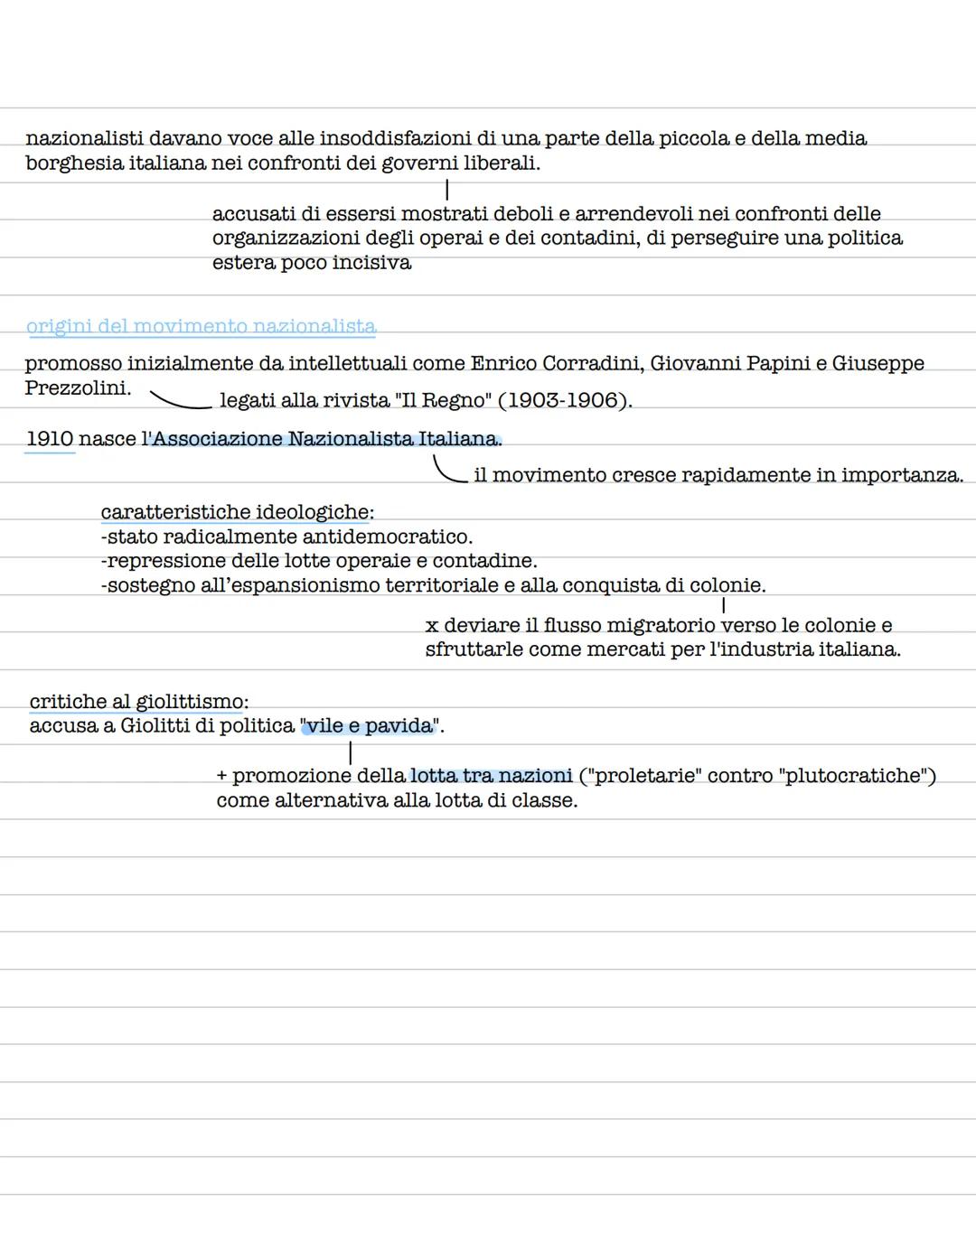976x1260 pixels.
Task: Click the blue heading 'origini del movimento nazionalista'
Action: (201, 326)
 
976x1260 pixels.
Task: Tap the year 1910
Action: (50, 439)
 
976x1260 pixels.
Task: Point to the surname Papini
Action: (775, 363)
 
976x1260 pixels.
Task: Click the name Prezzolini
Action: (78, 388)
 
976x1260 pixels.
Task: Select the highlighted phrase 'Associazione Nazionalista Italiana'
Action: (325, 439)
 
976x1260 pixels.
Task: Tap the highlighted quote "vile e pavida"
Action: (369, 726)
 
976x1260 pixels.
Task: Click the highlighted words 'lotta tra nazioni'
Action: (491, 776)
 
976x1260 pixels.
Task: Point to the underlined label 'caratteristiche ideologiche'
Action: (235, 512)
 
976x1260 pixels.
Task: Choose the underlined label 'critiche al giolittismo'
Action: (136, 702)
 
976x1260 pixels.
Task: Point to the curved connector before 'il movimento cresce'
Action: (448, 470)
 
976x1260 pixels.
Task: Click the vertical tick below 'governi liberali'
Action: (446, 189)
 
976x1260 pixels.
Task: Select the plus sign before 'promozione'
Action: (222, 776)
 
